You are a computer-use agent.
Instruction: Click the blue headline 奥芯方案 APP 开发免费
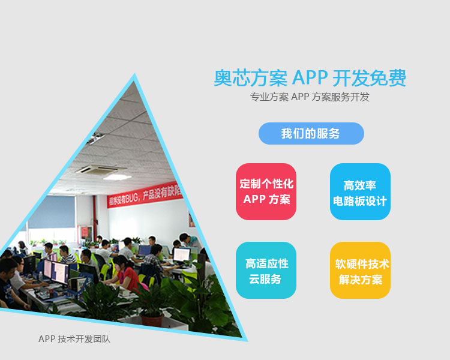310,78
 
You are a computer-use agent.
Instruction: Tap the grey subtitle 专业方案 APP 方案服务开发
310,97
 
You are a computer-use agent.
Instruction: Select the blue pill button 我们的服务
311,133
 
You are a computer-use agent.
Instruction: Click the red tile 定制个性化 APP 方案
266,191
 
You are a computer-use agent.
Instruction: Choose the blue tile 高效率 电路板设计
360,191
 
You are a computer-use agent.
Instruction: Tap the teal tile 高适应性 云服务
266,270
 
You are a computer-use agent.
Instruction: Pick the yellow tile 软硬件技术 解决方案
360,270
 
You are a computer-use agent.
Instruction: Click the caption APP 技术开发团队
74,339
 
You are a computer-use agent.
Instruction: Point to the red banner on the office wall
145,195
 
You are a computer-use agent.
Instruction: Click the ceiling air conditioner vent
100,170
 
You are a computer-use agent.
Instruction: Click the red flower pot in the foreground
152,320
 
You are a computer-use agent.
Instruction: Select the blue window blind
52,212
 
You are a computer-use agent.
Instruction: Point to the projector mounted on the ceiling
96,139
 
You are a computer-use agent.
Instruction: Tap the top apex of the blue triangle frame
134,74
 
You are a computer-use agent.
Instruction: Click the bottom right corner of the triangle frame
247,341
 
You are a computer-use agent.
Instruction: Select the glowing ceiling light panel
117,177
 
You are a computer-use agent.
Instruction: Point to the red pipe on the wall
94,213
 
